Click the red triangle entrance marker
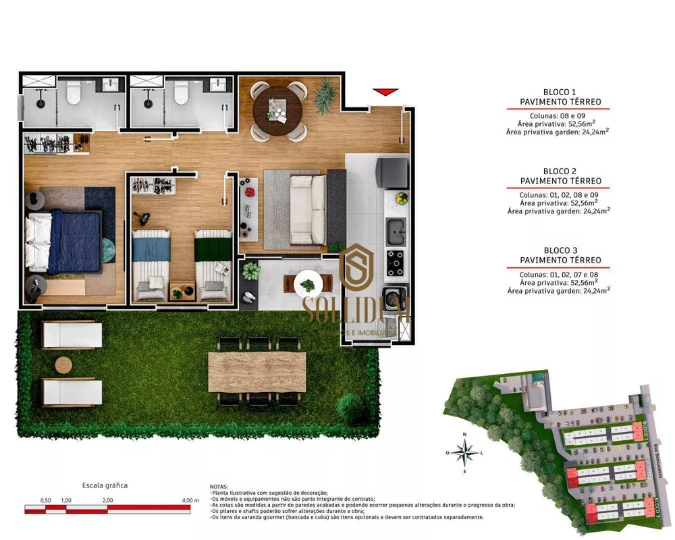point(385,92)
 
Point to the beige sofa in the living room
point(307,210)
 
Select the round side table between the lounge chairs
point(63,365)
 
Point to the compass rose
point(464,452)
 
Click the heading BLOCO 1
point(560,92)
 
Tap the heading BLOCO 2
point(560,171)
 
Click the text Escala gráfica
point(105,485)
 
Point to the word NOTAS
point(219,487)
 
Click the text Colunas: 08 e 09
point(560,115)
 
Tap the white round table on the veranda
point(309,283)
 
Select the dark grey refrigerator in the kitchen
point(391,173)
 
